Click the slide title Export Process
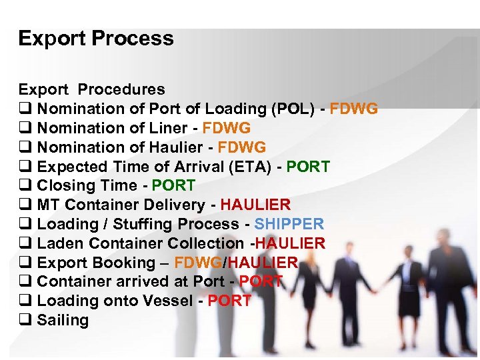click(x=96, y=39)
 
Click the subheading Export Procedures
click(x=91, y=89)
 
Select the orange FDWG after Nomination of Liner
click(x=227, y=128)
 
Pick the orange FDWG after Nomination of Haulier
click(x=241, y=147)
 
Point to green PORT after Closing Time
click(x=174, y=186)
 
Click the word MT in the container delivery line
click(x=49, y=205)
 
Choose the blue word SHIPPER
click(x=289, y=224)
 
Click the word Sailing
click(x=63, y=320)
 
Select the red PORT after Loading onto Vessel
click(x=229, y=301)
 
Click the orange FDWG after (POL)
click(x=354, y=109)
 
